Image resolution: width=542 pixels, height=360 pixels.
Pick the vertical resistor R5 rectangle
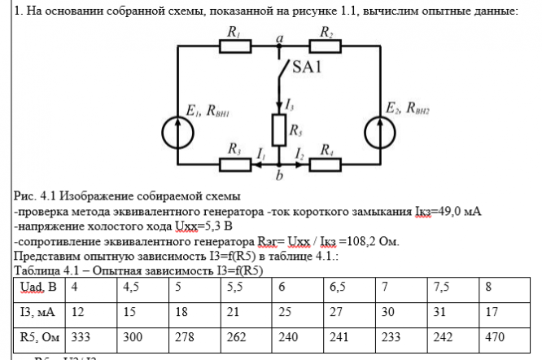[279, 128]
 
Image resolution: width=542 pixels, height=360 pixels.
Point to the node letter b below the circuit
[279, 175]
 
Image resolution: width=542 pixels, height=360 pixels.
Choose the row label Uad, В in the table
[38, 287]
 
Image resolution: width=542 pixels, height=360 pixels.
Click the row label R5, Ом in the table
[38, 336]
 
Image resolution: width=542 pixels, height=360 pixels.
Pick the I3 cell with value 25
[283, 312]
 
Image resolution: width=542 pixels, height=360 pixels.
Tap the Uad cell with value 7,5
[444, 287]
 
